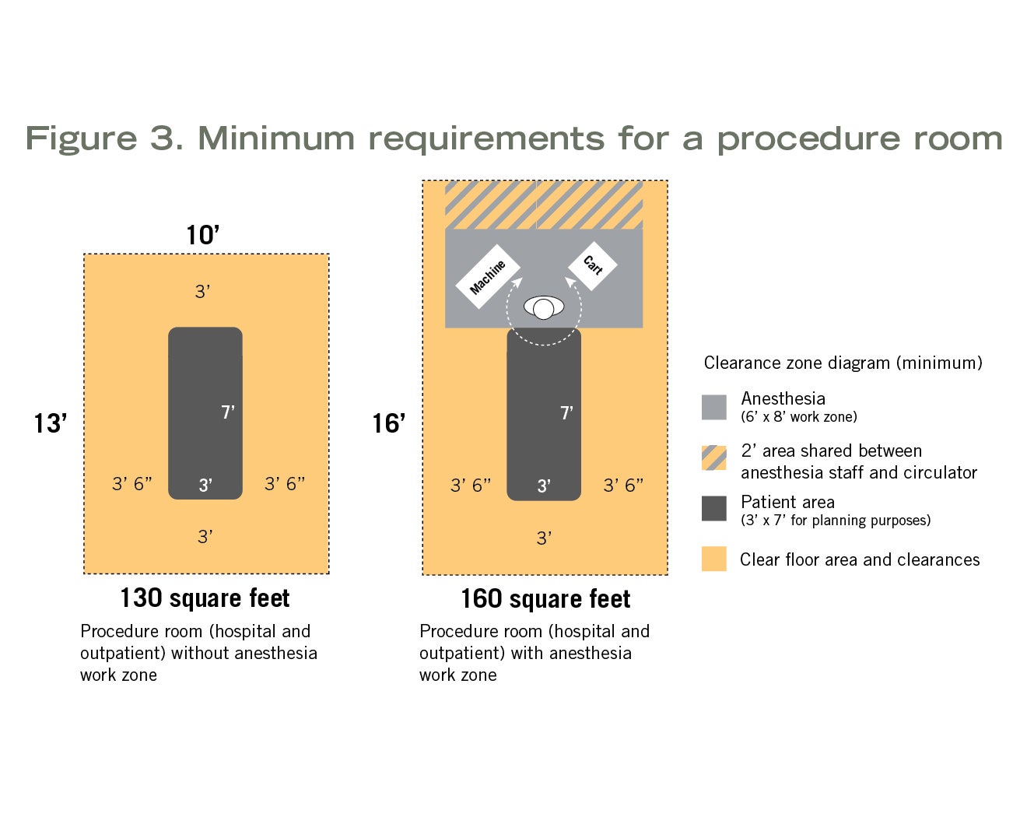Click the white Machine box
(487, 276)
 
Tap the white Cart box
(593, 265)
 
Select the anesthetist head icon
(543, 308)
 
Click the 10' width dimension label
(203, 234)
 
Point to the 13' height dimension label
(50, 423)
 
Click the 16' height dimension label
(388, 423)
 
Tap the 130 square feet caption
(205, 598)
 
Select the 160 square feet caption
(545, 598)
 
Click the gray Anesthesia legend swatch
(713, 407)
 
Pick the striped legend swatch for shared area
(713, 458)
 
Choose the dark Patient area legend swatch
(713, 508)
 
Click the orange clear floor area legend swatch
(713, 559)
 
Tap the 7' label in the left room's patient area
(228, 412)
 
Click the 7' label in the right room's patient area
(566, 412)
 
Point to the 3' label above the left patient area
(202, 291)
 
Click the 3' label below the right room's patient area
(544, 538)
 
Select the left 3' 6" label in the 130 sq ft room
(131, 483)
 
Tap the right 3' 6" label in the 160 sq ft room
(623, 485)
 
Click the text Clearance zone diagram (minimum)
(843, 363)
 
